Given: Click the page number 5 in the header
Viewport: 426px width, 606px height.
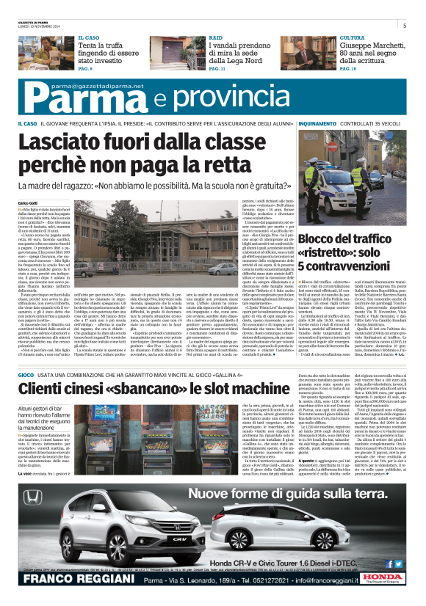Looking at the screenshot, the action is click(x=404, y=26).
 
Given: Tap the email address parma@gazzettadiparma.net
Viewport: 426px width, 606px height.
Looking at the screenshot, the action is click(x=87, y=86).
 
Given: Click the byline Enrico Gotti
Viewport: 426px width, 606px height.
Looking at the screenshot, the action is click(x=29, y=182).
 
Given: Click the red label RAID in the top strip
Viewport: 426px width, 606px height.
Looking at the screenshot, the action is click(x=216, y=37).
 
